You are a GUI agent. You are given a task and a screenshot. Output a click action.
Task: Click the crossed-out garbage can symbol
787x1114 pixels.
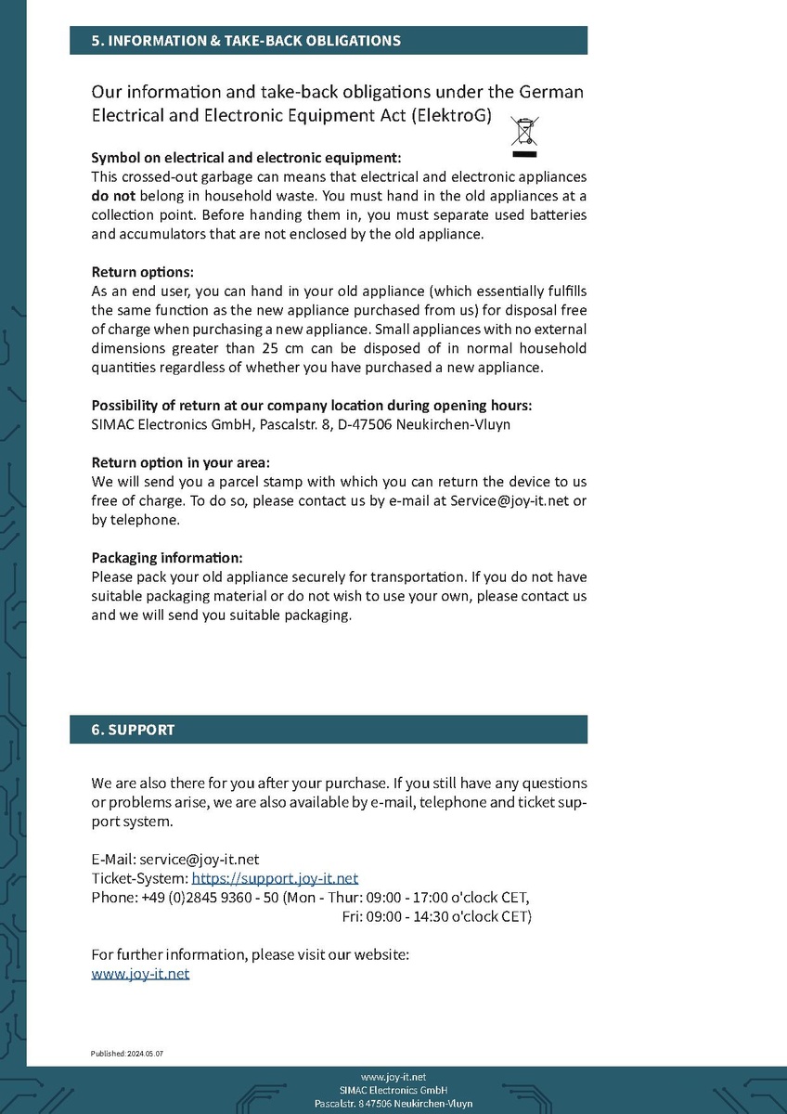(525, 136)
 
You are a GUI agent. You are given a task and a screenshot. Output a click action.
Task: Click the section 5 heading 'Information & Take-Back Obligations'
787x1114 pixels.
(246, 41)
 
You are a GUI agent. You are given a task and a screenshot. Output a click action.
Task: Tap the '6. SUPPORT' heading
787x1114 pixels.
(133, 730)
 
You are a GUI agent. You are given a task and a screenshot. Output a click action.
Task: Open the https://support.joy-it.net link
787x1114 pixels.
(275, 878)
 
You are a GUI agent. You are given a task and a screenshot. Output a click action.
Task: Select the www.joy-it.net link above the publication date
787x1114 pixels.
(140, 974)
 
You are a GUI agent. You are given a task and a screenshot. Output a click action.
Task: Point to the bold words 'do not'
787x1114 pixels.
(113, 196)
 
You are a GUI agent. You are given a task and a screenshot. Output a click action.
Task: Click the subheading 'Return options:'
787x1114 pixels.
(142, 273)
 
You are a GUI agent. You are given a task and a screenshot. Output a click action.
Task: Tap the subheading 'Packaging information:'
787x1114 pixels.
(166, 558)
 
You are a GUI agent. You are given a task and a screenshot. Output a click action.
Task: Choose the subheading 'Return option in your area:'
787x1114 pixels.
(180, 463)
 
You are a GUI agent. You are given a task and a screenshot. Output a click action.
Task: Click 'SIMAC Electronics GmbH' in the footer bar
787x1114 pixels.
(393, 1090)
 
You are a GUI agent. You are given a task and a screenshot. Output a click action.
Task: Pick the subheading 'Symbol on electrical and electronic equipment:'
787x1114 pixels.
(246, 158)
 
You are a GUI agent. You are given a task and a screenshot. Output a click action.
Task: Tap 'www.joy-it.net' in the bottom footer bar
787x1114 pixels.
(393, 1076)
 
